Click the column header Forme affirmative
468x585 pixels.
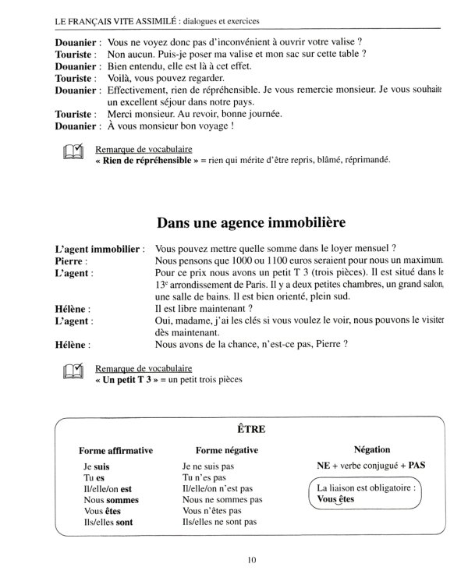[115, 450]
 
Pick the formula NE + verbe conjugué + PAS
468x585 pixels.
[372, 465]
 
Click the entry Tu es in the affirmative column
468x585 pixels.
[94, 477]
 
